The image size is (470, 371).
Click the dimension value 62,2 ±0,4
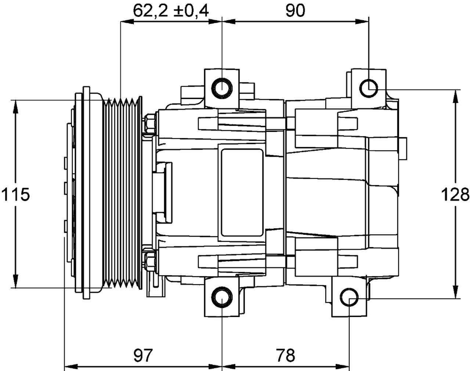[171, 11]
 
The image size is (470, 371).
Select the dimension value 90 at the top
[295, 11]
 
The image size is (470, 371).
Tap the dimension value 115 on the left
[15, 194]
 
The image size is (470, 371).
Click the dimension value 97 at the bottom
[143, 355]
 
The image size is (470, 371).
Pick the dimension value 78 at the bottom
[285, 355]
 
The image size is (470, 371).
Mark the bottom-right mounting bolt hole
[349, 298]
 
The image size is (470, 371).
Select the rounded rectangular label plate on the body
[242, 192]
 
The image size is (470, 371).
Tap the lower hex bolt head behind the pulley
[149, 261]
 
